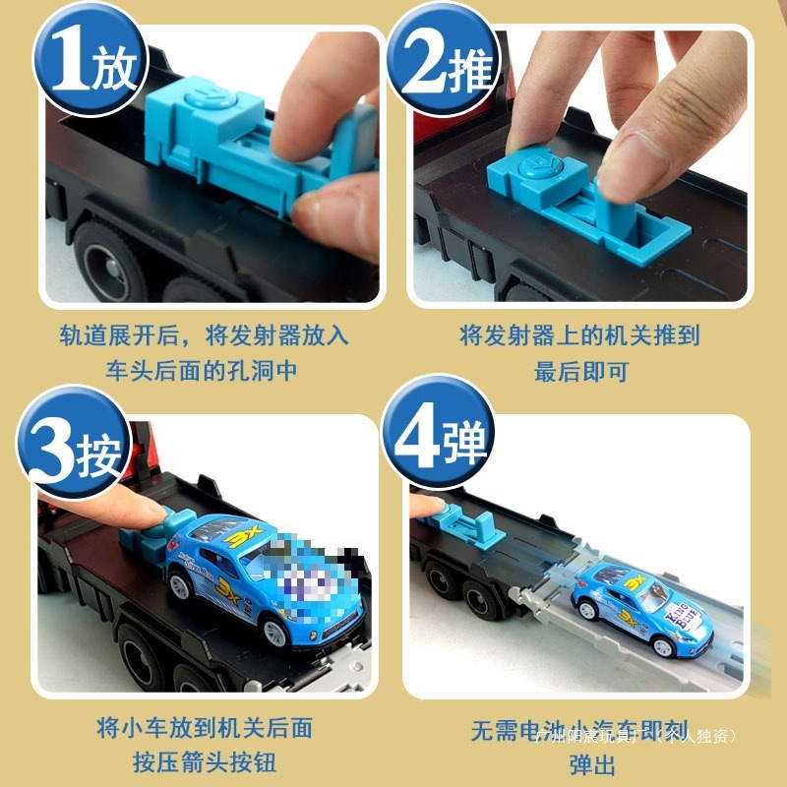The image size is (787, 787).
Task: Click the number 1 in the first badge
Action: pyautogui.click(x=68, y=64)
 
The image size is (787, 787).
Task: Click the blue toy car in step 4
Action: pyautogui.click(x=639, y=611)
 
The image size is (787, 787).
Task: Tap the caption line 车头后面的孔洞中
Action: pyautogui.click(x=202, y=371)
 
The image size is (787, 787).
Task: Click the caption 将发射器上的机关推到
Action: pyautogui.click(x=579, y=335)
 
